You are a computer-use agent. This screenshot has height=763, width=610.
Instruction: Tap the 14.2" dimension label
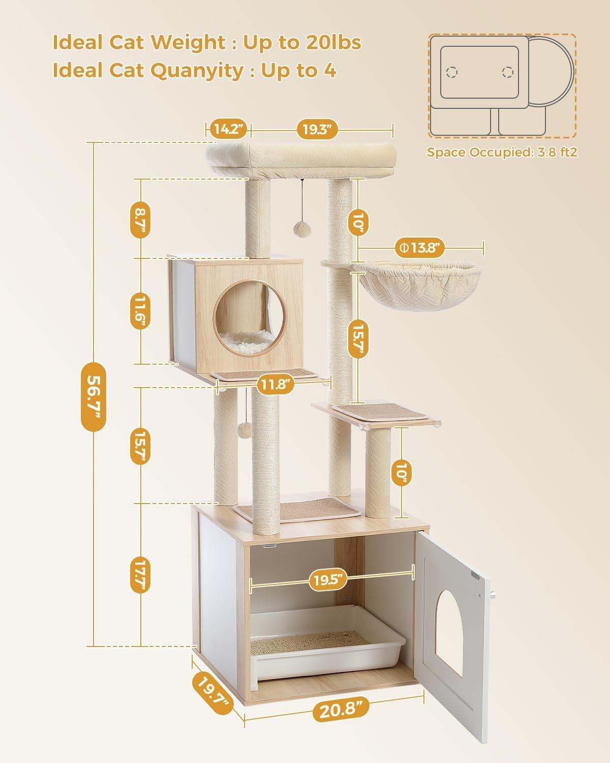pos(227,129)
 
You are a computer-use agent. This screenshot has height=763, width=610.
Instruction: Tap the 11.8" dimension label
pos(276,385)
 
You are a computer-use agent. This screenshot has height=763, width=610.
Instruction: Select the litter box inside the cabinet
pos(325,643)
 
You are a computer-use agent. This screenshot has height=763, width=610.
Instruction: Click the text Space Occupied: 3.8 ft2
pos(502,152)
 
